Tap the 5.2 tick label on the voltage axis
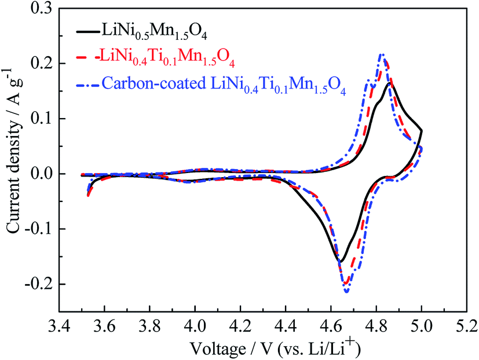click(x=466, y=325)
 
